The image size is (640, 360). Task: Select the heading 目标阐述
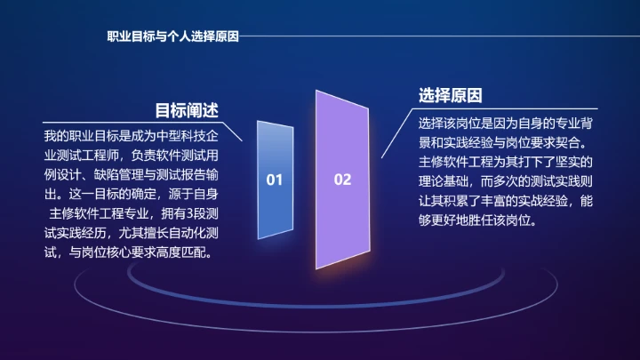tap(187, 110)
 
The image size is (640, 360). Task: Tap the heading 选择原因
tap(450, 95)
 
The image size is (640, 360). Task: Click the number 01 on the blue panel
tap(275, 180)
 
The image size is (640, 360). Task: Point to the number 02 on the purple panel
tap(342, 180)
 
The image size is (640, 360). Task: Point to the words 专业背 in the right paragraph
tap(571, 122)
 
